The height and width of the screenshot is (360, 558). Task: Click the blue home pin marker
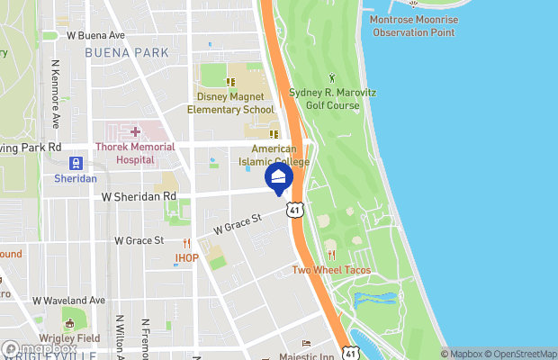point(279,176)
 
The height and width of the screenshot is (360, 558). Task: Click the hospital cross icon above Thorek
point(135,132)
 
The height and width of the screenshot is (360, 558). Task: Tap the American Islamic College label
point(280,155)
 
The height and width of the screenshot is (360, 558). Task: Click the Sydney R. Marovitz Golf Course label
point(324,99)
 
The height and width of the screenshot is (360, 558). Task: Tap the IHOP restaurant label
point(186,258)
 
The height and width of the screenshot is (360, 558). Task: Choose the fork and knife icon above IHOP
point(187,243)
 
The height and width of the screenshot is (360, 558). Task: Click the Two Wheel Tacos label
point(331,270)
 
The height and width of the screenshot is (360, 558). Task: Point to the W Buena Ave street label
point(95,36)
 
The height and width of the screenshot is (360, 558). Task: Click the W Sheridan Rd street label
point(139,195)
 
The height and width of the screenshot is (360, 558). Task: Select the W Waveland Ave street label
point(69,301)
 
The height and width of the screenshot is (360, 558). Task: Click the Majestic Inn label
point(305,357)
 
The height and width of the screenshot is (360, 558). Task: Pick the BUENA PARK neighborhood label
point(126,53)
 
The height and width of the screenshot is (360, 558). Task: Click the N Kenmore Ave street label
point(56,94)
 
